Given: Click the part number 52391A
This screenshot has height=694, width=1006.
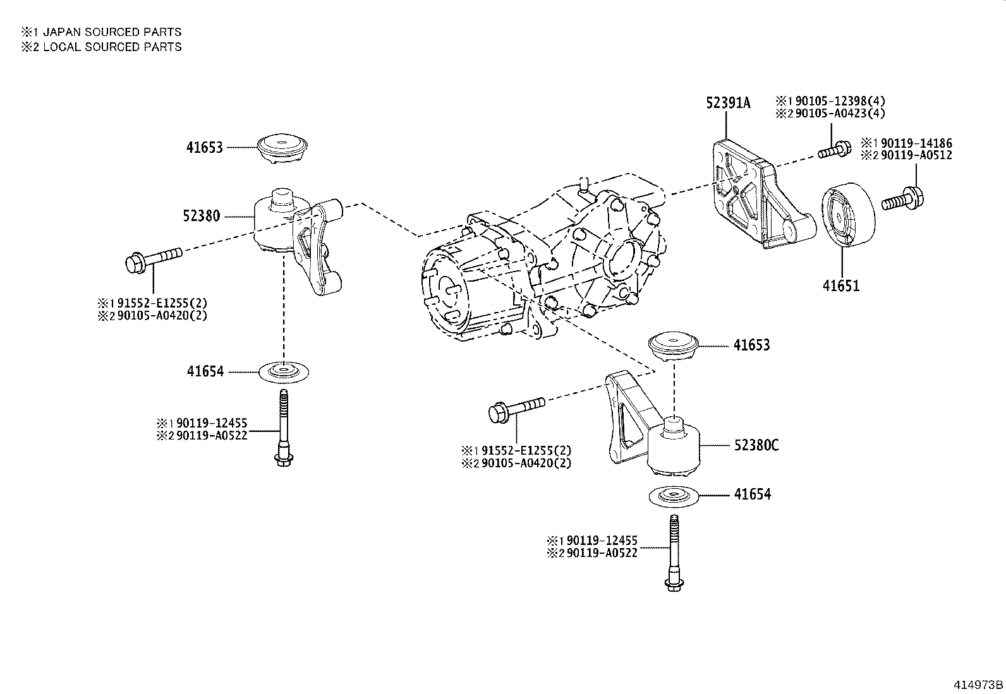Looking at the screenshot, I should [x=728, y=103].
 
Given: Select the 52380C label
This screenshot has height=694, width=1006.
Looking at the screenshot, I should [x=756, y=445].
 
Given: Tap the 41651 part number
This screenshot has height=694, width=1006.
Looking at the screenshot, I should [x=840, y=285].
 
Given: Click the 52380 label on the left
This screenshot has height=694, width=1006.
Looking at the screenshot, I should [x=202, y=216].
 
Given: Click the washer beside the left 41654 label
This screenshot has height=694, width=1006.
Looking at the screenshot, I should [x=284, y=372].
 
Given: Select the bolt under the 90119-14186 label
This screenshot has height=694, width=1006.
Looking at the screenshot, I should [x=902, y=199].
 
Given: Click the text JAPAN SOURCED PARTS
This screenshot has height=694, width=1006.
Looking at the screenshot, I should [x=107, y=32].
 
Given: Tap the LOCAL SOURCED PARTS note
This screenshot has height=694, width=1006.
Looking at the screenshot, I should [x=107, y=47].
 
